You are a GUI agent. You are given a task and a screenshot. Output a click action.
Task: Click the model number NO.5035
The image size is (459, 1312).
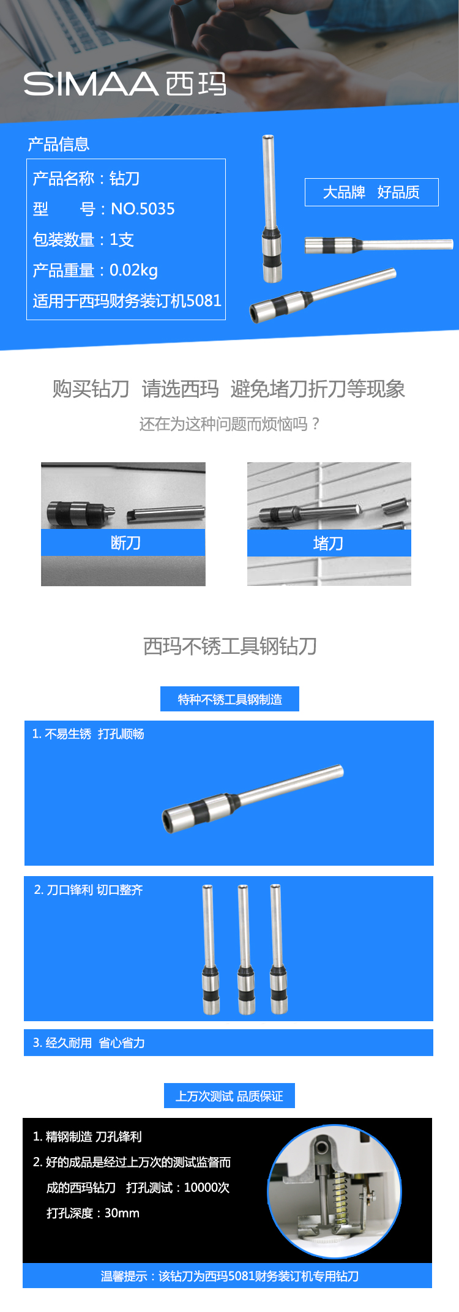coord(143,209)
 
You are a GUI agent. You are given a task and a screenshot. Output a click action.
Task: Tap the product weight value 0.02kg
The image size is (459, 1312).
coord(133,270)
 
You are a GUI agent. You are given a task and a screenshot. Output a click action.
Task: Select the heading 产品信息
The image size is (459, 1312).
coord(59,144)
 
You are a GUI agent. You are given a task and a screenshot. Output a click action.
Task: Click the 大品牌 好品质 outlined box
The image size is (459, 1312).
coord(371,192)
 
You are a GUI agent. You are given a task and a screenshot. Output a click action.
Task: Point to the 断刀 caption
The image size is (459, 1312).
coord(125,543)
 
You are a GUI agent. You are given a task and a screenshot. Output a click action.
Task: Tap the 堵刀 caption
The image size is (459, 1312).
coord(328,543)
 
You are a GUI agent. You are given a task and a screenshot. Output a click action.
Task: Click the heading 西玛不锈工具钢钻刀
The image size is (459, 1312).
coord(229,646)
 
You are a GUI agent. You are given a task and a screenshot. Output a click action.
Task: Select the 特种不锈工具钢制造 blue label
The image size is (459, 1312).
coord(229,699)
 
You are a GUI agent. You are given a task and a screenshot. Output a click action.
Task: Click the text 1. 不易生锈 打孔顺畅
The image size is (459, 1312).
coord(88,733)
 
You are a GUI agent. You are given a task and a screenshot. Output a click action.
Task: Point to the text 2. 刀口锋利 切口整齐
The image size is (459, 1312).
coord(88,890)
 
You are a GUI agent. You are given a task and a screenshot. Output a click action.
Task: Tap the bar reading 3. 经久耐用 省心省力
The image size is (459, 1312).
coord(228,1043)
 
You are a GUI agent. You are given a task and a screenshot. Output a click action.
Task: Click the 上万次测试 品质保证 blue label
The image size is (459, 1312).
coord(229,1096)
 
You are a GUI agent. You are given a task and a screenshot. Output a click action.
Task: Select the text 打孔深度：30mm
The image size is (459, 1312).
coord(93,1213)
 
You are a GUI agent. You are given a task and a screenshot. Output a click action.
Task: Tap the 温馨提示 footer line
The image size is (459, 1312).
coord(229,1276)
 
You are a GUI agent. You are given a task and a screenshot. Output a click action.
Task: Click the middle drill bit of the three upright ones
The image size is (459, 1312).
coord(245,949)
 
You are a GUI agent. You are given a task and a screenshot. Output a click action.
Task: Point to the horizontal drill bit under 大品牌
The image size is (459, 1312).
coord(379,245)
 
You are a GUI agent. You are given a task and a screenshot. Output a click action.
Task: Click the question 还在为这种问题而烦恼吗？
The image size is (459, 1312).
coord(229,424)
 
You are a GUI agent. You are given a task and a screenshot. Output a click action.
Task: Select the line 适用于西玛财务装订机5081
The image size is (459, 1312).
coord(127,301)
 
